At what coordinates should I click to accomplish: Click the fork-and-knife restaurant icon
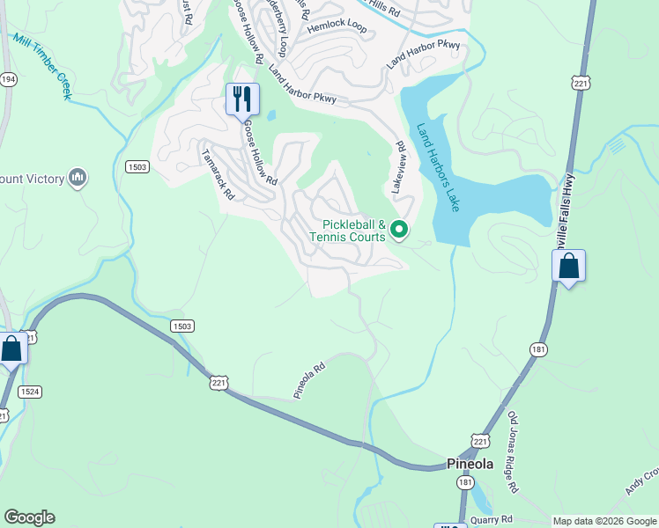pos(242,99)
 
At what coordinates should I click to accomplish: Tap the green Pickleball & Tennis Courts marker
pos(399,230)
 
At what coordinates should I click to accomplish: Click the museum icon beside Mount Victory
pos(78,179)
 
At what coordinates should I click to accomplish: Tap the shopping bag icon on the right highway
pos(568,266)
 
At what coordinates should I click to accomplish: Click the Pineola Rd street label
pos(309,379)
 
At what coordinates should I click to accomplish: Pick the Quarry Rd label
pos(492,519)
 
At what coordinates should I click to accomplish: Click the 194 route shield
pos(8,79)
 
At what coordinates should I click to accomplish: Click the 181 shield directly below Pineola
pos(464,483)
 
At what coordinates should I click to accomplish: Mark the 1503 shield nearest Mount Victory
pos(137,166)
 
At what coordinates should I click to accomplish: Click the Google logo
pos(29,517)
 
